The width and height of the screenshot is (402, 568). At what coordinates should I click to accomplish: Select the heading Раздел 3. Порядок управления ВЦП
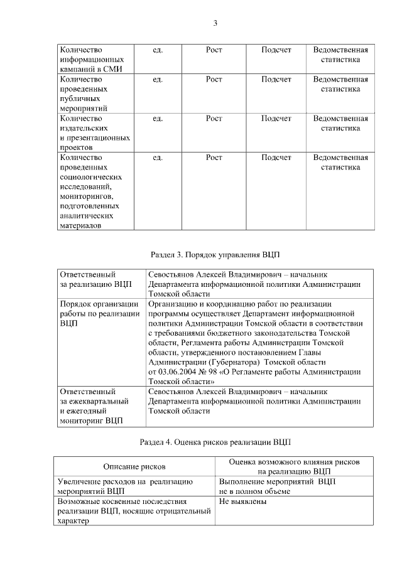pyautogui.click(x=215, y=255)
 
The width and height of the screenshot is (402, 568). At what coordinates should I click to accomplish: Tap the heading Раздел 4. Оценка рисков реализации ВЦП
pyautogui.click(x=215, y=442)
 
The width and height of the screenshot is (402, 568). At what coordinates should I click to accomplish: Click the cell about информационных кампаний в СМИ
pyautogui.click(x=88, y=60)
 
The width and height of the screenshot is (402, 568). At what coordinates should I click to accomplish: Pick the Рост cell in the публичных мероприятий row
pyautogui.click(x=214, y=80)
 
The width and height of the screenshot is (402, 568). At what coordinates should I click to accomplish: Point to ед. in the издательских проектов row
pyautogui.click(x=158, y=118)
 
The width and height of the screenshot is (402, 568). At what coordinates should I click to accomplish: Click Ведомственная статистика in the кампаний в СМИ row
pyautogui.click(x=340, y=55)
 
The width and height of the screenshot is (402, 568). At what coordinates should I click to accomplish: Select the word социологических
pyautogui.click(x=85, y=177)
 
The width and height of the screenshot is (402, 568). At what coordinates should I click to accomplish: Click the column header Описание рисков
pyautogui.click(x=134, y=466)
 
